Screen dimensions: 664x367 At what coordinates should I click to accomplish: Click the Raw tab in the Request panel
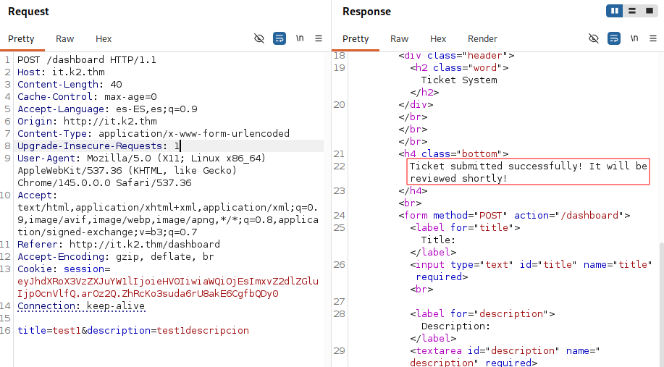[x=64, y=39]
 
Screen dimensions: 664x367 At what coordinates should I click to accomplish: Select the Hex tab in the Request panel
[x=104, y=39]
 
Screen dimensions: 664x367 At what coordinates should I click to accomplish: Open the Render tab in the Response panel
[x=482, y=39]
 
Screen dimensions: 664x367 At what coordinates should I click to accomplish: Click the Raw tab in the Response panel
[x=399, y=39]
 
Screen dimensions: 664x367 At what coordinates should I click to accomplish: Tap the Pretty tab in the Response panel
[x=356, y=39]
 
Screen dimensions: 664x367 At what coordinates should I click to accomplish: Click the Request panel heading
[x=28, y=12]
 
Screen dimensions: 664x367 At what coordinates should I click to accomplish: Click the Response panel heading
[x=366, y=12]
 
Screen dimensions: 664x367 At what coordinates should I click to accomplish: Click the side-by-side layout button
[x=615, y=11]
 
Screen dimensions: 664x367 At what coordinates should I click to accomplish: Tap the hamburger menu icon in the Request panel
[x=319, y=38]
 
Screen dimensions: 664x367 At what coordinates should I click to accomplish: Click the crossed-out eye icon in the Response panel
[x=594, y=38]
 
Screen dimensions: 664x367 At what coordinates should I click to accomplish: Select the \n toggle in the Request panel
[x=300, y=38]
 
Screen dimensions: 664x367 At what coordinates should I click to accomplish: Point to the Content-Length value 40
[x=116, y=84]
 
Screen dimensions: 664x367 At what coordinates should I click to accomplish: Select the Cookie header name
[x=36, y=269]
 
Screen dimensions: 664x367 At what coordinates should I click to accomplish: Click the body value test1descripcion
[x=203, y=330]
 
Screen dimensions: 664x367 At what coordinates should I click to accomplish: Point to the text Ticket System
[x=459, y=80]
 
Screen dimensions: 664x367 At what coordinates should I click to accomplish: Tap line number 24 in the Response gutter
[x=339, y=216]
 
